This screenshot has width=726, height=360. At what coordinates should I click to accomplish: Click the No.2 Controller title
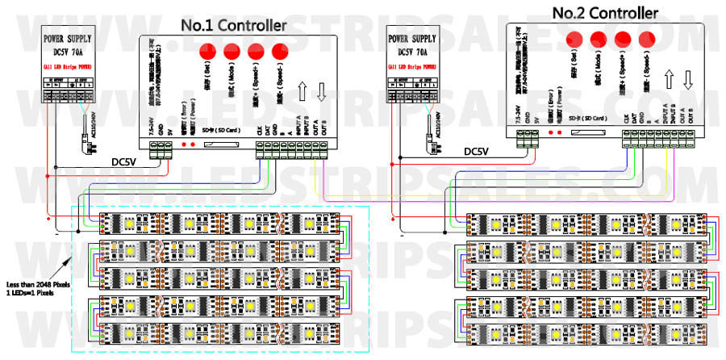point(605,13)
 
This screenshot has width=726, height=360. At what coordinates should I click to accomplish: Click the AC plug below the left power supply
point(91,147)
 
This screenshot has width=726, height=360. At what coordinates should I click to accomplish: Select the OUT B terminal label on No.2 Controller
point(692,117)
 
